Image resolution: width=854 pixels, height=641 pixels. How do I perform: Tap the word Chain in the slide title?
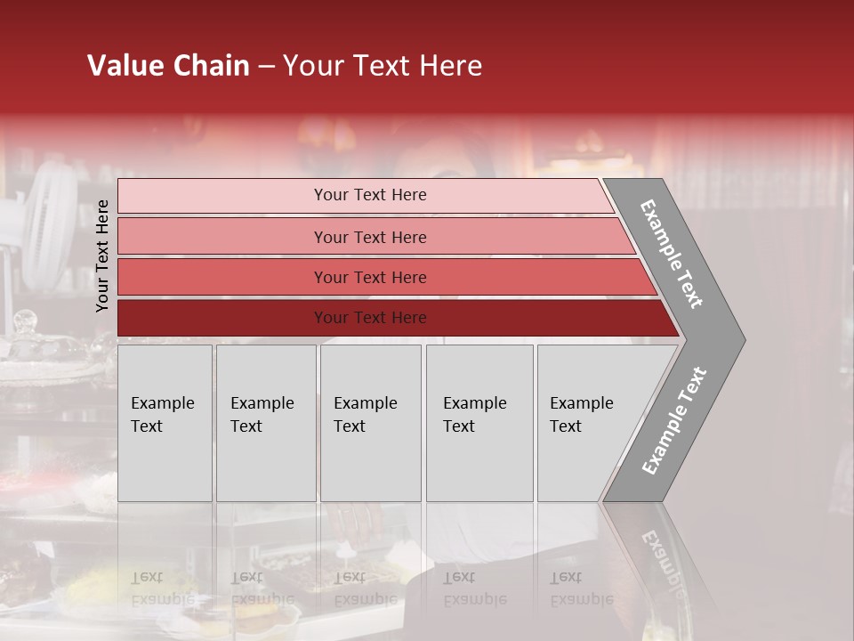coord(212,66)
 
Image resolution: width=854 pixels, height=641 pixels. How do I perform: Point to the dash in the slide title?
coord(266,67)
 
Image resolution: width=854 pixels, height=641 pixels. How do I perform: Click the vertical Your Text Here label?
coord(102,256)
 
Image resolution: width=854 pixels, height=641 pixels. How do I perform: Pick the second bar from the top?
coord(369,237)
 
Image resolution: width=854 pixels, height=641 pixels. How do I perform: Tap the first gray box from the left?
coord(165,423)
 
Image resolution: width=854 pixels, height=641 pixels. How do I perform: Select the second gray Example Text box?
coord(266,423)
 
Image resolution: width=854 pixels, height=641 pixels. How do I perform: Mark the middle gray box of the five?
coord(370,423)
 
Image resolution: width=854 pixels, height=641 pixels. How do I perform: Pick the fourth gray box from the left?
coord(479,423)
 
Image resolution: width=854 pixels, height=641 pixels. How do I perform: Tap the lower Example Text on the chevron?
coord(674,421)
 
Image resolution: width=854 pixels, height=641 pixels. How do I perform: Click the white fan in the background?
coord(50,214)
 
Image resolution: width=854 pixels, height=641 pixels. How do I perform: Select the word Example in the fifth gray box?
coord(582,403)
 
